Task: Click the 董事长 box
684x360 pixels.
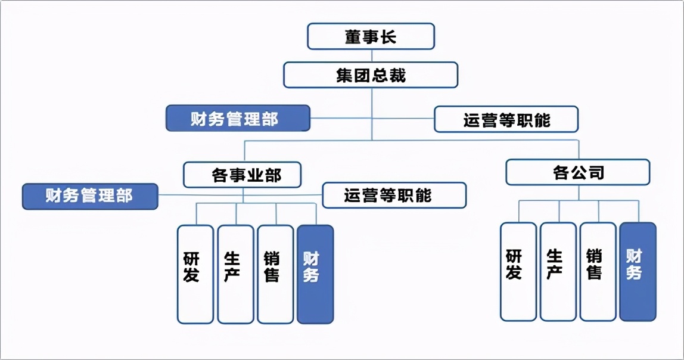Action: (371, 36)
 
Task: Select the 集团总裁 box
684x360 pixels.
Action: (371, 75)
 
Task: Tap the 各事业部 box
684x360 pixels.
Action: (242, 175)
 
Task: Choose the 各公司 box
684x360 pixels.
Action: (577, 172)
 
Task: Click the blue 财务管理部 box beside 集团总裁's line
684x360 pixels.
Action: (238, 118)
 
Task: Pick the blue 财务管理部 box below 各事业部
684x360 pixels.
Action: (90, 196)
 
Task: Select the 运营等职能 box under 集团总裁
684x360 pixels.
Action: (506, 119)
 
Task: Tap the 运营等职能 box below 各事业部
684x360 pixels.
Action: (394, 195)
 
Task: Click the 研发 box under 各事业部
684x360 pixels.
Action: (195, 274)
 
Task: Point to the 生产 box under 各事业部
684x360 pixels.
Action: (235, 274)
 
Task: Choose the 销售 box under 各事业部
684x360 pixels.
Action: (275, 274)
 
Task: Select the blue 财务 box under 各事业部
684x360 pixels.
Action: (315, 274)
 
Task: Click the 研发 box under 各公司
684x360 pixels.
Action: (518, 272)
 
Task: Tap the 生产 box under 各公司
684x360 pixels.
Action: (558, 272)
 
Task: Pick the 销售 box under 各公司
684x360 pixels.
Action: (598, 272)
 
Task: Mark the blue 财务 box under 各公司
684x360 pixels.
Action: (638, 272)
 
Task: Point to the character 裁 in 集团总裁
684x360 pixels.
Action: (398, 76)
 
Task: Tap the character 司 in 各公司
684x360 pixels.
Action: (595, 173)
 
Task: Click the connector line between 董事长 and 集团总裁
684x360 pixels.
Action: (371, 55)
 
